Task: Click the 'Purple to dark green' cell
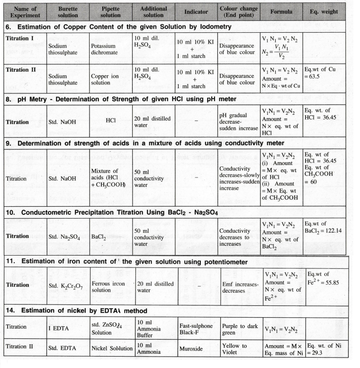240,329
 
